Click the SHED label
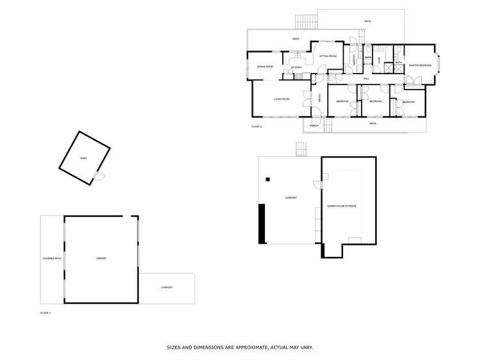tap(83, 157)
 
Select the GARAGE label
tap(101, 258)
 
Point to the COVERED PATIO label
tap(52, 258)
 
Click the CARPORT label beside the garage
tap(166, 288)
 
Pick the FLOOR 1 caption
tap(45, 313)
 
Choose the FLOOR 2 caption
tap(257, 127)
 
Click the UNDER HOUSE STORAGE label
tap(342, 206)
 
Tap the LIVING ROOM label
tap(282, 99)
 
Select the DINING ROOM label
tap(265, 67)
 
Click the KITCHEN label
tap(296, 67)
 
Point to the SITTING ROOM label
tap(328, 56)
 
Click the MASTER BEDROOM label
tap(420, 65)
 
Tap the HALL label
tap(367, 78)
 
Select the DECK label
tap(296, 39)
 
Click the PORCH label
tap(314, 125)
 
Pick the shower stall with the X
tap(397, 65)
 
